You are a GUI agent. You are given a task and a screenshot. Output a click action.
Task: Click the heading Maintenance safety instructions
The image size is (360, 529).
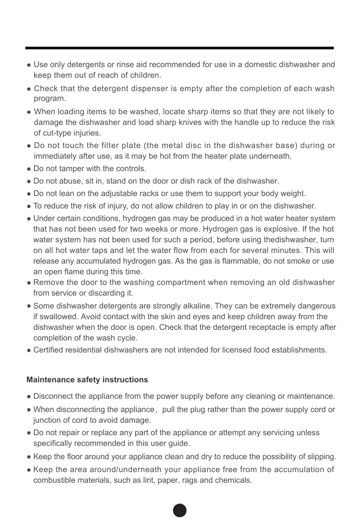pos(87,380)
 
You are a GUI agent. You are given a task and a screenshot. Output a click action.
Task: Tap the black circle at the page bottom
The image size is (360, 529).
pos(180,511)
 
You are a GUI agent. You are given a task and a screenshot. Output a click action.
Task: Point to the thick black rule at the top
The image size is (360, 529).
pos(180,48)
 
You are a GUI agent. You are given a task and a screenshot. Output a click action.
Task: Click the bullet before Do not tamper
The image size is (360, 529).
pos(29,169)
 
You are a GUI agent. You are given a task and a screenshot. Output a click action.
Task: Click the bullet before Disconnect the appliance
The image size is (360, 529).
pos(29,397)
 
